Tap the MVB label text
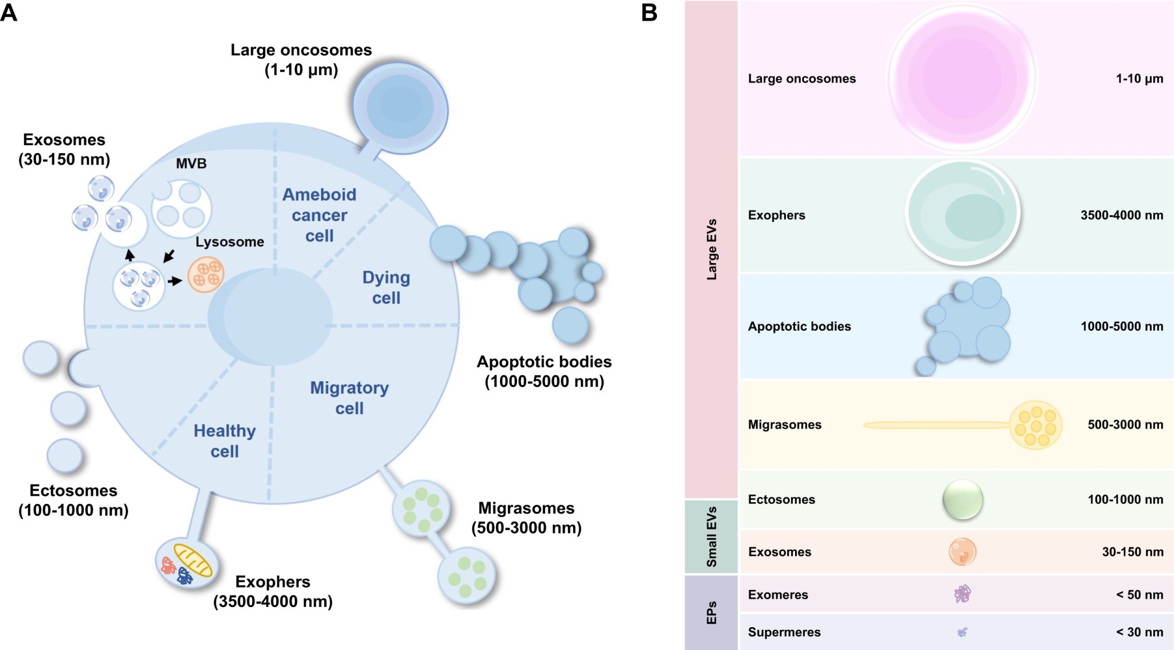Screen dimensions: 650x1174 [x=191, y=164]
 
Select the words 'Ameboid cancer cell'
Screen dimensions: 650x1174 [x=319, y=215]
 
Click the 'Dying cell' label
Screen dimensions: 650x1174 [x=386, y=288]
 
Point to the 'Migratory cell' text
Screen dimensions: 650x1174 [x=349, y=398]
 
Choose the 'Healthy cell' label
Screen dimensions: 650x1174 [x=224, y=441]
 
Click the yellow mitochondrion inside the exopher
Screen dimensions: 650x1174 [x=193, y=560]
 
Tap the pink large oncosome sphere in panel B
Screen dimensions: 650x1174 [x=962, y=79]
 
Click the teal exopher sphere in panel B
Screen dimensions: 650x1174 [x=962, y=213]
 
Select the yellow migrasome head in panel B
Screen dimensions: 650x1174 [x=1035, y=425]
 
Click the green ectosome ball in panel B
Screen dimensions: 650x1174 [x=962, y=499]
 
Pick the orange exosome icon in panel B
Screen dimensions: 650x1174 [x=962, y=551]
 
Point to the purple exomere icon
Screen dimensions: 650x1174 [x=962, y=594]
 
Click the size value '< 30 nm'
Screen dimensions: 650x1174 [x=1139, y=632]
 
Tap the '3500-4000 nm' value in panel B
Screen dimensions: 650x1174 [x=1121, y=216]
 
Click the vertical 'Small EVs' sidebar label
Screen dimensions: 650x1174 [x=711, y=537]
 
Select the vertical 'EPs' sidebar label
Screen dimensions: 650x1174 [x=711, y=612]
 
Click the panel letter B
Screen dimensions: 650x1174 [x=649, y=13]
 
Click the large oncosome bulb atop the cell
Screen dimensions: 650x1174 [x=400, y=107]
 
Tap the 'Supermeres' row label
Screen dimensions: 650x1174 [x=784, y=632]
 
